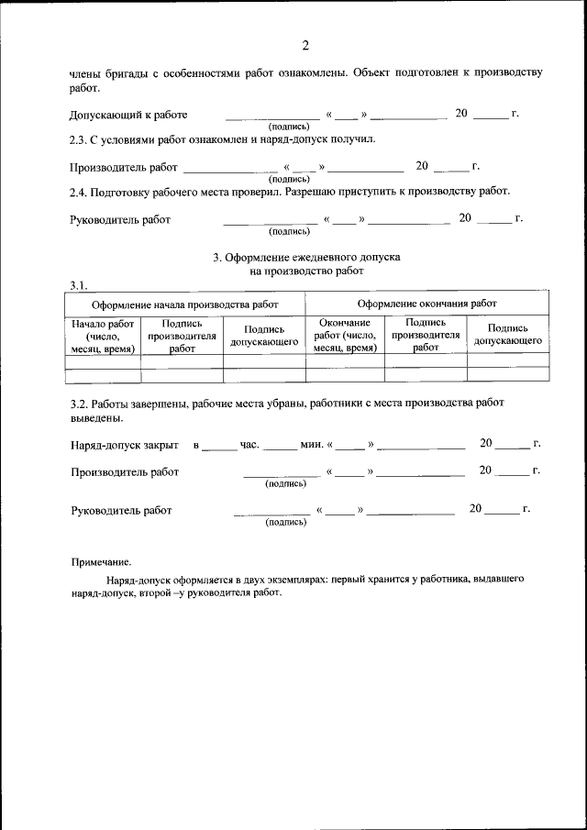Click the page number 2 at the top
pyautogui.click(x=305, y=47)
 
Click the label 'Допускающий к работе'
pyautogui.click(x=128, y=115)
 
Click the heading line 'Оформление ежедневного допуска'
pyautogui.click(x=306, y=259)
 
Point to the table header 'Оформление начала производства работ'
pyautogui.click(x=184, y=304)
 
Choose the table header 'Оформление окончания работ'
pyautogui.click(x=427, y=304)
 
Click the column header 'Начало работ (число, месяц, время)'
pyautogui.click(x=103, y=336)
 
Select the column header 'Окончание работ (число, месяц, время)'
pyautogui.click(x=345, y=336)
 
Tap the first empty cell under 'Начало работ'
pyautogui.click(x=103, y=361)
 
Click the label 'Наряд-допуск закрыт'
pyautogui.click(x=124, y=445)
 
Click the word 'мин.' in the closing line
pyautogui.click(x=312, y=445)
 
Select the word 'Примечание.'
pyautogui.click(x=101, y=562)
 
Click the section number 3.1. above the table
pyautogui.click(x=79, y=284)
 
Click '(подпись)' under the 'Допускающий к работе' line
pyautogui.click(x=288, y=126)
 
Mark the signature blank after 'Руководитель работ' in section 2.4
pyautogui.click(x=271, y=221)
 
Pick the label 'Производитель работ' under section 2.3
pyautogui.click(x=124, y=168)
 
